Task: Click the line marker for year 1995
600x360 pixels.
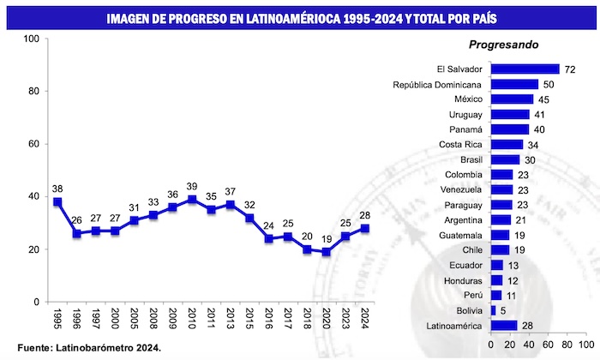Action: coord(57,201)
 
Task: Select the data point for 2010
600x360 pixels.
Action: coord(191,199)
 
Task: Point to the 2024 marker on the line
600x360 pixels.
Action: coord(364,228)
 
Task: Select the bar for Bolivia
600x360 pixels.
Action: coord(493,310)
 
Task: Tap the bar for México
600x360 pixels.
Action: coord(511,99)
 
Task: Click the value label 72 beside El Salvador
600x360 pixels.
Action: coord(569,69)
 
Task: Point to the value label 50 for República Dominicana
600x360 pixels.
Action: coord(549,84)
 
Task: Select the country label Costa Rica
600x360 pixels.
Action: coord(463,144)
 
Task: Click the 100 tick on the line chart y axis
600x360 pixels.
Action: coord(31,39)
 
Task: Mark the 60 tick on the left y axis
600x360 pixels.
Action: coord(33,144)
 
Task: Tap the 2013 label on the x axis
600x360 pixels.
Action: coord(230,321)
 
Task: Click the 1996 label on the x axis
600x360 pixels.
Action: coord(77,321)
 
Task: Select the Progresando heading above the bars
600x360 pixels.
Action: coord(502,45)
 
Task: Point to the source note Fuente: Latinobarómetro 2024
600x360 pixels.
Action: coord(81,348)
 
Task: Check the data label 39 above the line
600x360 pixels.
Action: coord(191,186)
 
